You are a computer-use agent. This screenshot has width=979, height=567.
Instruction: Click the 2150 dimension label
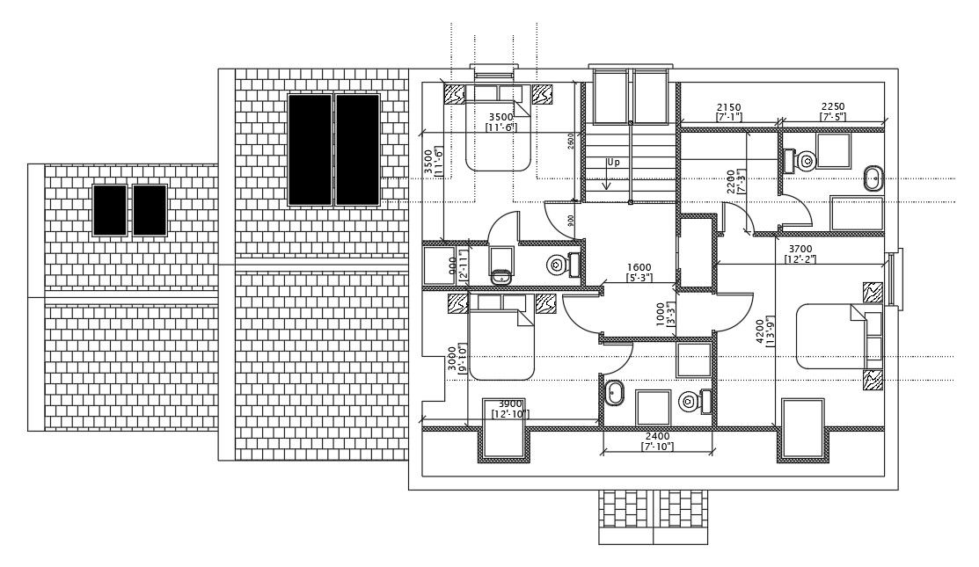[x=728, y=106]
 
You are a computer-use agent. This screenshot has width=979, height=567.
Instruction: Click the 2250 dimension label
[x=833, y=106]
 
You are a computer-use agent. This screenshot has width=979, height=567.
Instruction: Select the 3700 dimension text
[x=800, y=250]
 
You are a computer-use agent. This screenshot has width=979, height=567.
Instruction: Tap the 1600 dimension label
[x=639, y=268]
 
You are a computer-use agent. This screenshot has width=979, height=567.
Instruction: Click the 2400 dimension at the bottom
[x=657, y=436]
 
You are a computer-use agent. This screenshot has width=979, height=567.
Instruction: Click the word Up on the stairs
[x=612, y=163]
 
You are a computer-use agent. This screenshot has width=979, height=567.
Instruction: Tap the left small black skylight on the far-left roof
[x=110, y=210]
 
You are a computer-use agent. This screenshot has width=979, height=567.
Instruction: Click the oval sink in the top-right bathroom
[x=873, y=178]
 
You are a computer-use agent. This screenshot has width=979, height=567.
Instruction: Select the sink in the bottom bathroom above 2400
[x=615, y=394]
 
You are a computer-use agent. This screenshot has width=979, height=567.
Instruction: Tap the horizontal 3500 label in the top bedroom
[x=500, y=116]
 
